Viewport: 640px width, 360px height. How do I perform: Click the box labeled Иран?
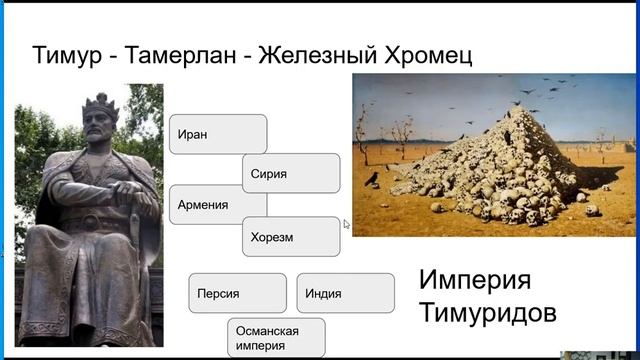pyautogui.click(x=217, y=134)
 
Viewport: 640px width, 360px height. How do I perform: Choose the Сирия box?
pyautogui.click(x=291, y=173)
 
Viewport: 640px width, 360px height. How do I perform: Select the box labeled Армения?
pyautogui.click(x=217, y=205)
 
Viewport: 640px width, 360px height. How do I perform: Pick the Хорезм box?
pyautogui.click(x=291, y=237)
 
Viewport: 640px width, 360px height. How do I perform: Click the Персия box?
pyautogui.click(x=237, y=293)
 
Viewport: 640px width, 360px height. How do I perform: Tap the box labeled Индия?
pyautogui.click(x=345, y=293)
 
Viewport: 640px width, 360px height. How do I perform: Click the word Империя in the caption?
pyautogui.click(x=475, y=279)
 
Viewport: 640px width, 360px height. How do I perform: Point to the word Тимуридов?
pyautogui.click(x=487, y=313)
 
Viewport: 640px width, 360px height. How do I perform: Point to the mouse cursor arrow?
pyautogui.click(x=347, y=224)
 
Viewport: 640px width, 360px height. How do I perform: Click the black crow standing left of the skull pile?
pyautogui.click(x=372, y=178)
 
